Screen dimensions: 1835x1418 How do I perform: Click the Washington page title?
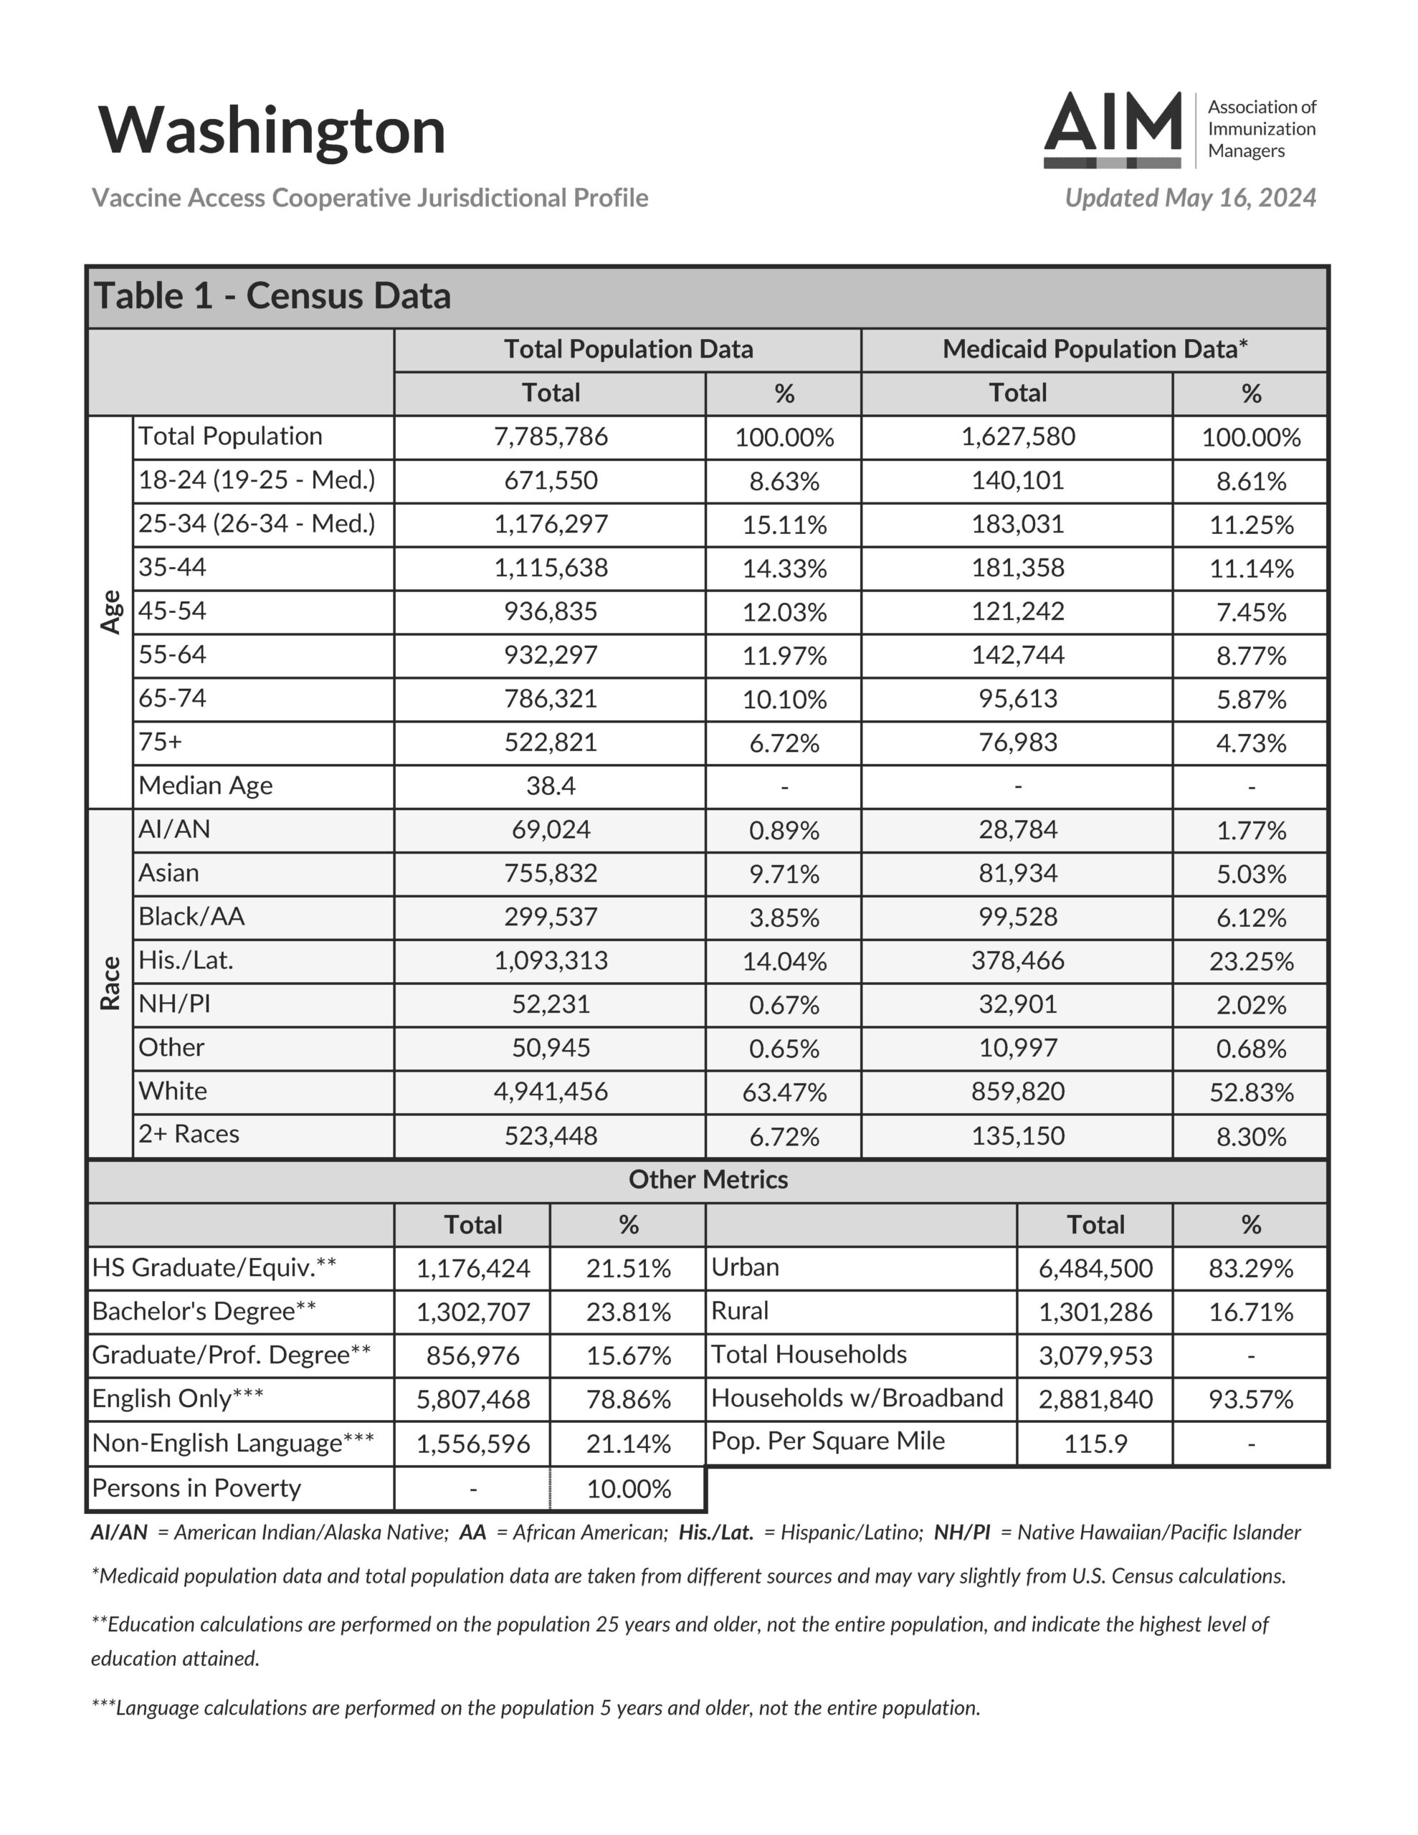click(x=271, y=131)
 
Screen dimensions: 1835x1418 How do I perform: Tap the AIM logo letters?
click(x=1113, y=124)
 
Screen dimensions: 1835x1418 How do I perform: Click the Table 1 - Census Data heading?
click(x=272, y=297)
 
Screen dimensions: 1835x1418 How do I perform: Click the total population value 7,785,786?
click(x=551, y=437)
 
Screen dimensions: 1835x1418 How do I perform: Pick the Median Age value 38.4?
click(x=551, y=786)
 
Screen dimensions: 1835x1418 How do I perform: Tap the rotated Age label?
click(x=110, y=611)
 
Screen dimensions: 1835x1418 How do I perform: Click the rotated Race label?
click(x=110, y=983)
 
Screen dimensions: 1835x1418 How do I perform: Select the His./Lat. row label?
click(x=186, y=961)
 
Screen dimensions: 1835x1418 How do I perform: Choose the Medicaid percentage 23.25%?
click(x=1251, y=961)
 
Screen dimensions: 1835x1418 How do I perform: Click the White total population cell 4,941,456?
click(x=551, y=1092)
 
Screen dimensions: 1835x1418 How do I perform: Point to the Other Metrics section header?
click(x=708, y=1180)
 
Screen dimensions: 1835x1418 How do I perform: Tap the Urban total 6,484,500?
click(x=1095, y=1268)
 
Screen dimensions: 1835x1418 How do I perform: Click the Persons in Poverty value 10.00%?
click(x=628, y=1489)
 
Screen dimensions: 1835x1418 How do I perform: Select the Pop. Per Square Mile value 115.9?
click(x=1095, y=1444)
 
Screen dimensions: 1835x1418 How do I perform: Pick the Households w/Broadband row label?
click(x=857, y=1398)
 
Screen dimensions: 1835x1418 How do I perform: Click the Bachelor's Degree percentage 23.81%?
click(x=628, y=1312)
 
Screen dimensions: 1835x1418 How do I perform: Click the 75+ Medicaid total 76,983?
click(x=1017, y=743)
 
